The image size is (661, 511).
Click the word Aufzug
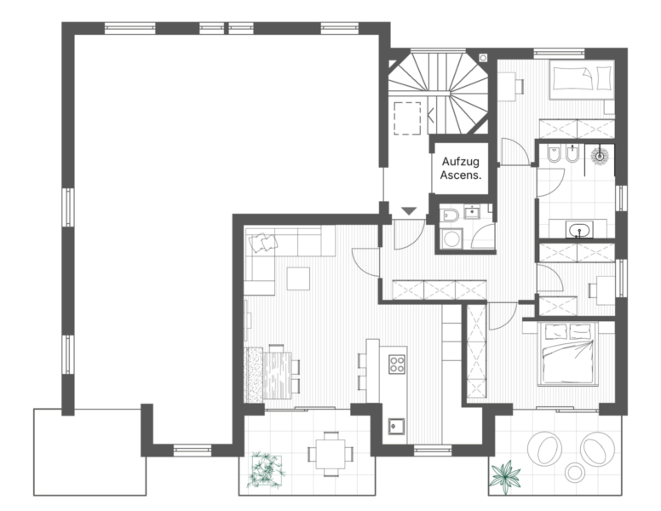click(460, 162)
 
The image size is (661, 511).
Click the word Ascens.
click(460, 175)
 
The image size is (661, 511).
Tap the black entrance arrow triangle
click(409, 211)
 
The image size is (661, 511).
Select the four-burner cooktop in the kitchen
click(397, 364)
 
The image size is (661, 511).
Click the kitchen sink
click(396, 426)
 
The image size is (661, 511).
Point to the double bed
click(568, 353)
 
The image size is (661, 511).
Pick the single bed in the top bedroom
click(582, 80)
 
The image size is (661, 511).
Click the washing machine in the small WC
click(451, 239)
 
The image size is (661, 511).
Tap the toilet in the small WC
click(451, 215)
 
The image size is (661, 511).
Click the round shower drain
click(600, 156)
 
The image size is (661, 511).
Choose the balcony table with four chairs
click(330, 454)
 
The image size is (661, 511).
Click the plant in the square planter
click(266, 469)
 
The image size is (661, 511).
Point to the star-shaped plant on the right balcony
click(505, 475)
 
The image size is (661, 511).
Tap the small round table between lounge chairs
click(574, 472)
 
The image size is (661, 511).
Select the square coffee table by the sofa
click(298, 278)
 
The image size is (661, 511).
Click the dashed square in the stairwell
click(407, 118)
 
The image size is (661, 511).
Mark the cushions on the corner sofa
click(263, 243)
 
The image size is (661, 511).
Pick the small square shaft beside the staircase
click(483, 58)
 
